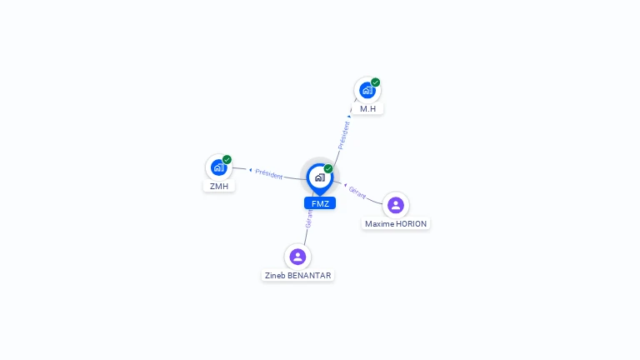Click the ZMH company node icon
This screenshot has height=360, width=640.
(219, 167)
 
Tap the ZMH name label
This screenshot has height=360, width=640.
(219, 186)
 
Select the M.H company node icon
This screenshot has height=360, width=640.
(367, 90)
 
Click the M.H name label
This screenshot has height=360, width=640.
(367, 109)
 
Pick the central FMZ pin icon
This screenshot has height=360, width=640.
(320, 179)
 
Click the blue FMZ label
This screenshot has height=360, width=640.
(320, 203)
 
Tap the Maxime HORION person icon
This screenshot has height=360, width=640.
(396, 205)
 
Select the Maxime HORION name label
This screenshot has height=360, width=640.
(396, 223)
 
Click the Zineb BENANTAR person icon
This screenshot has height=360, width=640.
(297, 257)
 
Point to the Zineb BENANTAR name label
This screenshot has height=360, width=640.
(298, 276)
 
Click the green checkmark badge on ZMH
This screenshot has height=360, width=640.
(227, 160)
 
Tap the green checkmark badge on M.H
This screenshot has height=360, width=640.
(376, 82)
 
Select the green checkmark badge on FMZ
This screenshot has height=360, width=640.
(328, 168)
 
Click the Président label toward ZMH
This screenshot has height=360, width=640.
(269, 174)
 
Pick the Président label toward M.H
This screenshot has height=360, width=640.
(343, 136)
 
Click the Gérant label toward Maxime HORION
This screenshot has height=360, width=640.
(357, 192)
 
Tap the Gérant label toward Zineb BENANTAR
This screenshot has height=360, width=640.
(308, 218)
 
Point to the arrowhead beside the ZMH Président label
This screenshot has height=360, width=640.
(250, 170)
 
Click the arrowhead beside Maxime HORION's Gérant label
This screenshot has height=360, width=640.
(345, 185)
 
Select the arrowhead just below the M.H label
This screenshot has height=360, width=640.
(349, 117)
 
